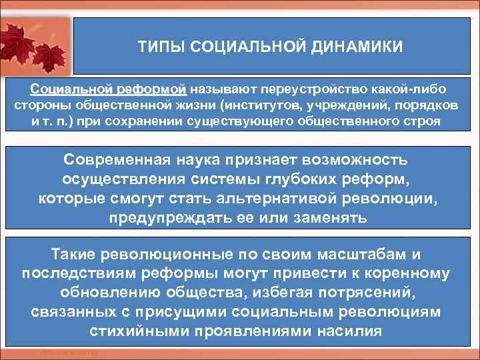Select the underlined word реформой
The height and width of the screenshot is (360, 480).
tap(154, 89)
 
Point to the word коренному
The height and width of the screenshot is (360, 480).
tap(406, 274)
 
